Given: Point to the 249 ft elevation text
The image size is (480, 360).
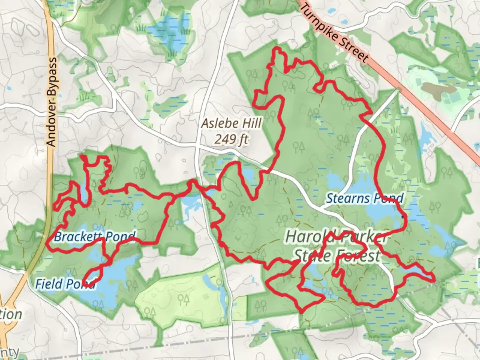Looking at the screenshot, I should click(231, 139).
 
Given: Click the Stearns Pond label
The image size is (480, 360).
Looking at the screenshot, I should click(364, 198).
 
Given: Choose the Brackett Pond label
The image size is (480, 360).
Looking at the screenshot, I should click(95, 237).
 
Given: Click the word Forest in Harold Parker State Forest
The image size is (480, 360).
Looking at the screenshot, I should click(358, 256).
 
